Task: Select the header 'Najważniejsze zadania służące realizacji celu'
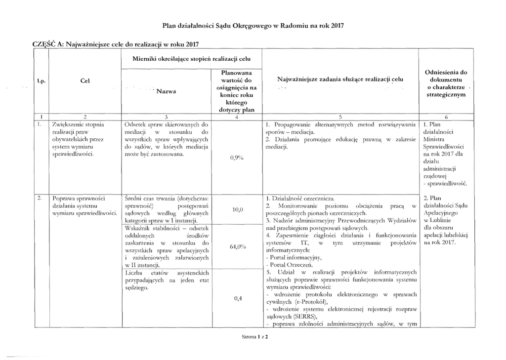coord(340,79)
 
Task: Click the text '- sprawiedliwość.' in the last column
coord(445,183)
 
